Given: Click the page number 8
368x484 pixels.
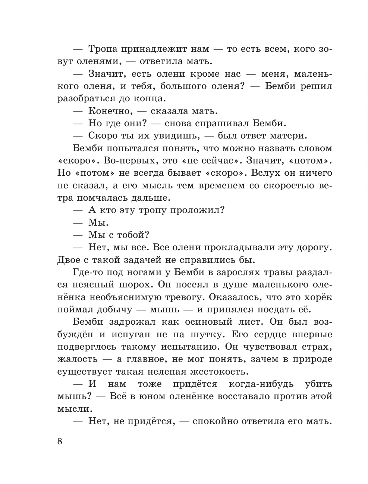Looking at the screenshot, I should (60, 442).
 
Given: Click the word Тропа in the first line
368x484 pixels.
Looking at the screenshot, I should (103, 49).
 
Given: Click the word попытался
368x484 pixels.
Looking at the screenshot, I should (134, 148).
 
